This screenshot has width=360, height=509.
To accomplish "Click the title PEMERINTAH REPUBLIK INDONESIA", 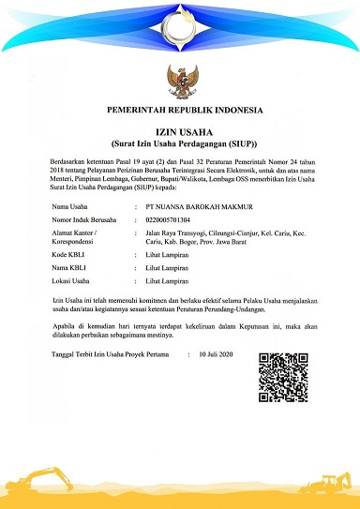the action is click(179, 110).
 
